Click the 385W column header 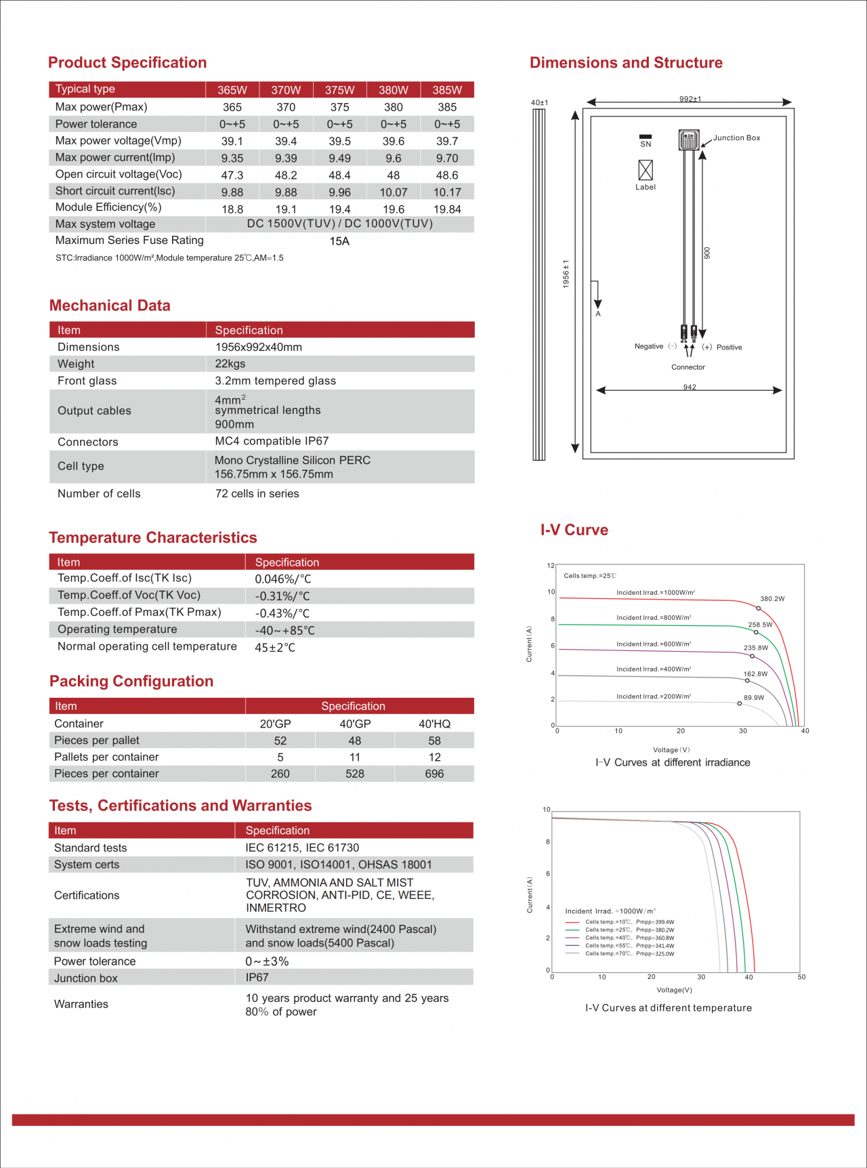pos(447,90)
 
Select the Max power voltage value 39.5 pos(339,141)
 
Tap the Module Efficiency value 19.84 pos(447,209)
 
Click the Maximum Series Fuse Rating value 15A pos(339,241)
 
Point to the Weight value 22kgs pos(230,364)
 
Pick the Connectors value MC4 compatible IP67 pos(272,441)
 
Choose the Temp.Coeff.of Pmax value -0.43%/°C pos(282,613)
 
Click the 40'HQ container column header pos(434,724)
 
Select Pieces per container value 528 pos(355,774)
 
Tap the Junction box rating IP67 pos(257,978)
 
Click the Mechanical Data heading pos(110,306)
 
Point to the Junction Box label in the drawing pos(736,138)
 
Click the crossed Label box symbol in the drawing pos(646,169)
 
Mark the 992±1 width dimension pos(690,99)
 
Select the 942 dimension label pos(690,387)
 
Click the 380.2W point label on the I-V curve pos(772,599)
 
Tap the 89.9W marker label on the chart pos(754,697)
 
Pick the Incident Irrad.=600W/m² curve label pos(654,644)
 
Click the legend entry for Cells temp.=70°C pos(629,954)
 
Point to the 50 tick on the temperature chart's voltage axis pos(801,977)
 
